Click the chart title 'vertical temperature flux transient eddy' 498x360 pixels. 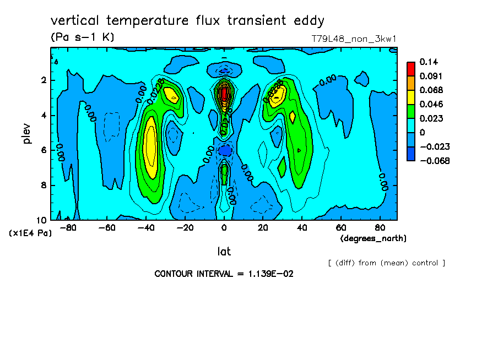[188, 21]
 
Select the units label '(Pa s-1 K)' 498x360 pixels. [82, 37]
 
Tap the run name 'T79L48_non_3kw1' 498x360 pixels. [354, 39]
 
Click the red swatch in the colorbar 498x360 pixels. [411, 68]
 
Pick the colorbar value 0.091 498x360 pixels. [430, 76]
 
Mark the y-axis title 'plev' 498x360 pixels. [28, 133]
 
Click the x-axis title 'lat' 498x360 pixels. [224, 252]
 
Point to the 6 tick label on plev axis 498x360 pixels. [44, 150]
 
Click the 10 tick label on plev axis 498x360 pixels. [41, 220]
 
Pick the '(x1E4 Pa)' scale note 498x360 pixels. [30, 233]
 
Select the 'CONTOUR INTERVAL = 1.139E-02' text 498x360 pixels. [224, 274]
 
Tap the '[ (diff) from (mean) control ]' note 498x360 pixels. [386, 263]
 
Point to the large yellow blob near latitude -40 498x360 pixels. [149, 146]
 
